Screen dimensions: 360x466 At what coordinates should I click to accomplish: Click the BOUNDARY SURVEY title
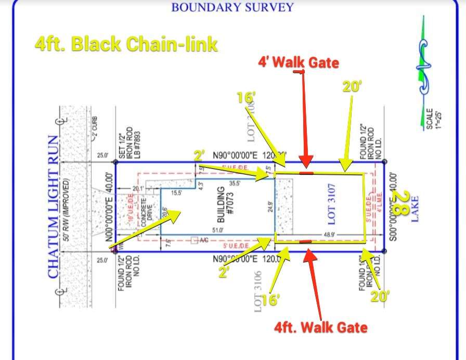(x=232, y=7)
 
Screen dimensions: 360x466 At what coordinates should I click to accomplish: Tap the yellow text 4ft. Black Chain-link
(x=126, y=44)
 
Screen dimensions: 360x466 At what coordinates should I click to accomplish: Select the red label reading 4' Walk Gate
(x=299, y=63)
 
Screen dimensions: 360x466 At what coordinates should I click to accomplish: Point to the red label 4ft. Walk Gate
(x=321, y=327)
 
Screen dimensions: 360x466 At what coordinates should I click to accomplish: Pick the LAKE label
(x=415, y=208)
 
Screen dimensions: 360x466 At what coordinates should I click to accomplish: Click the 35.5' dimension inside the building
(x=235, y=183)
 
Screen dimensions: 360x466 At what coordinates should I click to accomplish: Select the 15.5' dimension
(x=177, y=193)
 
